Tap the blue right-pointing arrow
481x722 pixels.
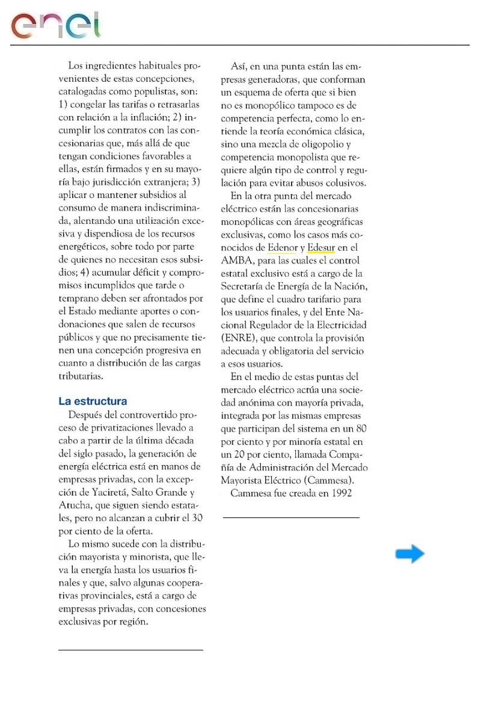pyautogui.click(x=409, y=554)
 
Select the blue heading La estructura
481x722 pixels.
pyautogui.click(x=93, y=401)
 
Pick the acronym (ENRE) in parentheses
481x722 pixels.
pyautogui.click(x=237, y=338)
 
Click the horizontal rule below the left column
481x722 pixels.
pyautogui.click(x=130, y=650)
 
